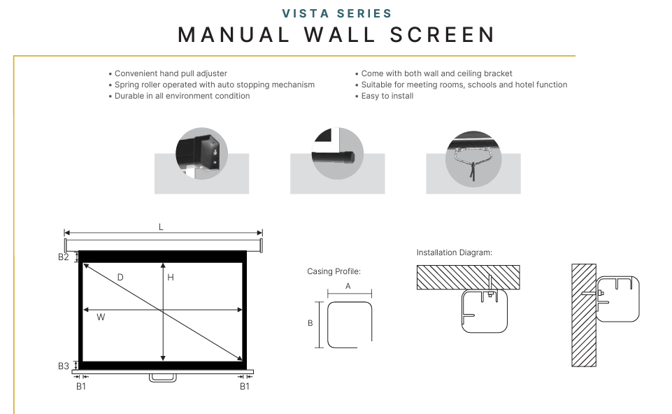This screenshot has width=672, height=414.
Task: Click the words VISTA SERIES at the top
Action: pos(337,14)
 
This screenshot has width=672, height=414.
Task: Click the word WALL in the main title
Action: pos(341,35)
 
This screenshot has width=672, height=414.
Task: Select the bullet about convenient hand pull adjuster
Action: pos(168,73)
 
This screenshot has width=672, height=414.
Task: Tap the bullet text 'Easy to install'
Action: pos(385,96)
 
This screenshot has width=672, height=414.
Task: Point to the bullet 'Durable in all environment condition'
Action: pos(179,96)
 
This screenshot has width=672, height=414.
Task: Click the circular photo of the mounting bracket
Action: pos(201,153)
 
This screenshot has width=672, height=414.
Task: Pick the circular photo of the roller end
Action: pos(338,153)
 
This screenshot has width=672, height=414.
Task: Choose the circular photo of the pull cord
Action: pos(473,159)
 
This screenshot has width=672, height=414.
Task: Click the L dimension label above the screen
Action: pos(161,227)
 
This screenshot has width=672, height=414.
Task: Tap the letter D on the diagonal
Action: pos(120,278)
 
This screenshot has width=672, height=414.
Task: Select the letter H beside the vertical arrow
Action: pos(171,278)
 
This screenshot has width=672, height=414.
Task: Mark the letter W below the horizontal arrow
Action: pos(101,317)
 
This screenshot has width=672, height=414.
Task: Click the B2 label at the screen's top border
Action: pos(64,257)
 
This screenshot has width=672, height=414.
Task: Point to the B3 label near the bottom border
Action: pos(64,366)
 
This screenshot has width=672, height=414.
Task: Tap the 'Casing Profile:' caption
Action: pos(334,271)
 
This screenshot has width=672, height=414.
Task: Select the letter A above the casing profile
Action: pos(348,286)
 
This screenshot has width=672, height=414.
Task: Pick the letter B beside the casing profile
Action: pos(310,323)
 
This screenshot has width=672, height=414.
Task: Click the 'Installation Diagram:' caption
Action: pos(455,252)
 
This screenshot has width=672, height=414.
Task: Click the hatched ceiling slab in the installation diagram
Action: pos(468,278)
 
